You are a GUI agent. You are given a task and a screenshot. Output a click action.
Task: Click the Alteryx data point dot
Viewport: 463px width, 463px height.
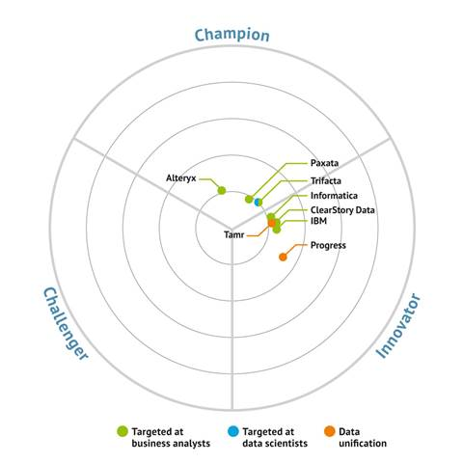pyautogui.click(x=222, y=190)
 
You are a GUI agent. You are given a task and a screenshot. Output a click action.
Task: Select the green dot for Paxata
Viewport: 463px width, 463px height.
pyautogui.click(x=249, y=199)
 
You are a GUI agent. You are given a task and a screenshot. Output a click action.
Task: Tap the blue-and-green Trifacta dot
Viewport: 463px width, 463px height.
pyautogui.click(x=259, y=203)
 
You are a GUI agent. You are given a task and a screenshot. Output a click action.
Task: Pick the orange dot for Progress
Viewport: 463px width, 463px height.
pyautogui.click(x=283, y=257)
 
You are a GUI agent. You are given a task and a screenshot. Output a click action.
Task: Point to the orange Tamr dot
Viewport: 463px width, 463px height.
pyautogui.click(x=272, y=223)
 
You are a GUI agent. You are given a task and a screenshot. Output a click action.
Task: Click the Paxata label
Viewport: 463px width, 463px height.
pyautogui.click(x=324, y=163)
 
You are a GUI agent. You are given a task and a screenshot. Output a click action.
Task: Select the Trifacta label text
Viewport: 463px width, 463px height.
pyautogui.click(x=326, y=180)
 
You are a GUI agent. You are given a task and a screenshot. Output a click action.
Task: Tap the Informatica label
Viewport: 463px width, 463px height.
pyautogui.click(x=334, y=196)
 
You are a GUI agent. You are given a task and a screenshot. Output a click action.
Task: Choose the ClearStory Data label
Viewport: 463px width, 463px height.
pyautogui.click(x=342, y=210)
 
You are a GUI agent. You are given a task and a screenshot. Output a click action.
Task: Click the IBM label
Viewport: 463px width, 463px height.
pyautogui.click(x=318, y=221)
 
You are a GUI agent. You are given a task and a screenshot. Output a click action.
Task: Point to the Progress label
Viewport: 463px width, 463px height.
pyautogui.click(x=328, y=245)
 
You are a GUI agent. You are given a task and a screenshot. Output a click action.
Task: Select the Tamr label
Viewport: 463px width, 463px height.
pyautogui.click(x=234, y=234)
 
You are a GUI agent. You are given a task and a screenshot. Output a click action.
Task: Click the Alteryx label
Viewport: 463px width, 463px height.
pyautogui.click(x=181, y=177)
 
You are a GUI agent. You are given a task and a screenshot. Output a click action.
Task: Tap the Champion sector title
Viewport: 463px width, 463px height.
pyautogui.click(x=231, y=35)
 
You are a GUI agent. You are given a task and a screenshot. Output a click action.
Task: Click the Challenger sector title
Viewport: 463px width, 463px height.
pyautogui.click(x=66, y=324)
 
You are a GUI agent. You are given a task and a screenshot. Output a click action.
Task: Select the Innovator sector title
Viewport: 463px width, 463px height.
pyautogui.click(x=398, y=326)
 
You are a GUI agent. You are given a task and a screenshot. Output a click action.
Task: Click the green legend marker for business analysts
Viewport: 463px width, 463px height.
pyautogui.click(x=123, y=431)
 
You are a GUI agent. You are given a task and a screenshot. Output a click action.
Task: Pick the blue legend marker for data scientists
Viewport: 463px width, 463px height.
pyautogui.click(x=233, y=431)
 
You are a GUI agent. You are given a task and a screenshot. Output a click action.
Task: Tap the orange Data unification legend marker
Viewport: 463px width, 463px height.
pyautogui.click(x=330, y=431)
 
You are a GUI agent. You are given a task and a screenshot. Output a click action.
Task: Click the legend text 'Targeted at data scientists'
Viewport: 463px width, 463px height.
pyautogui.click(x=275, y=437)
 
